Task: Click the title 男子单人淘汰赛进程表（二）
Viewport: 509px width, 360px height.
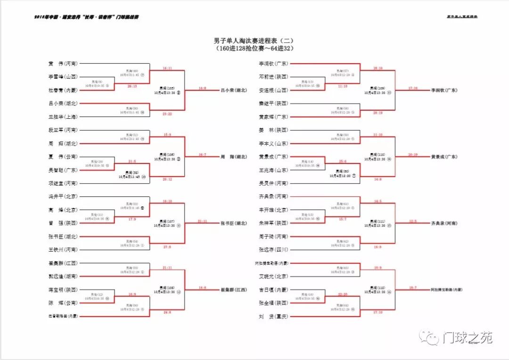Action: tap(254, 41)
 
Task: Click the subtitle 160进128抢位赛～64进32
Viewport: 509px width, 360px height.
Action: tap(254, 48)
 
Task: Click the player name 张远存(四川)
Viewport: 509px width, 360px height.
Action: tap(273, 250)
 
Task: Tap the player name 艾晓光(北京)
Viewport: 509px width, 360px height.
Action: tap(273, 277)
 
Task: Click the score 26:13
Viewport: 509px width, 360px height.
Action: tap(132, 86)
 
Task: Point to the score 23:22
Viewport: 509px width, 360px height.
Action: tap(167, 114)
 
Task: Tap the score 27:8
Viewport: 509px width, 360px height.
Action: tap(167, 247)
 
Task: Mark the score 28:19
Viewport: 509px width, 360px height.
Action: tap(378, 113)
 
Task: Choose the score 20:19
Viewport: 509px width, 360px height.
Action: tap(412, 154)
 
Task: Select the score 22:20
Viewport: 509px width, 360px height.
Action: tap(343, 294)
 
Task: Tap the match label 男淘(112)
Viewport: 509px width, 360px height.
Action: tap(377, 287)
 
